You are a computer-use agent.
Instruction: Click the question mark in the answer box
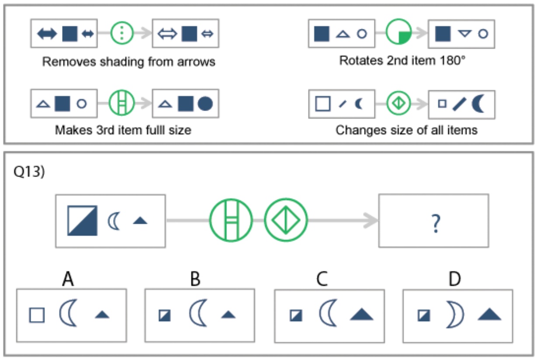(436, 223)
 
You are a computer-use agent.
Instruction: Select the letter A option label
(68, 279)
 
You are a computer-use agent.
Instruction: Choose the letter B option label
(195, 279)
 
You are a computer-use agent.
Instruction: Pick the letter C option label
(322, 279)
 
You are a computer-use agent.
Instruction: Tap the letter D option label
(454, 279)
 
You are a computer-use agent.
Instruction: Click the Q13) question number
(29, 172)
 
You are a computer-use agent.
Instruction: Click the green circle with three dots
(122, 33)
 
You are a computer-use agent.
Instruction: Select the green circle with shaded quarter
(398, 31)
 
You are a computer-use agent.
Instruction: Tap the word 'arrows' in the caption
(196, 62)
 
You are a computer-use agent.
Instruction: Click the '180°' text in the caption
(453, 60)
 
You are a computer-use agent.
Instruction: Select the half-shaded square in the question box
(83, 221)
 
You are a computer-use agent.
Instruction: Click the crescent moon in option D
(455, 314)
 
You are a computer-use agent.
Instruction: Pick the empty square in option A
(37, 315)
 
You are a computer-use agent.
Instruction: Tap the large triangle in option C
(361, 315)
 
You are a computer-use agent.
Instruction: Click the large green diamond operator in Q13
(286, 220)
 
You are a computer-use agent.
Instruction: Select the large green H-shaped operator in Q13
(231, 220)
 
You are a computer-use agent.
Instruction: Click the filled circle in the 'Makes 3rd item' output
(205, 104)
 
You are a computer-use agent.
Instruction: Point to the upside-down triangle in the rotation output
(465, 33)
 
